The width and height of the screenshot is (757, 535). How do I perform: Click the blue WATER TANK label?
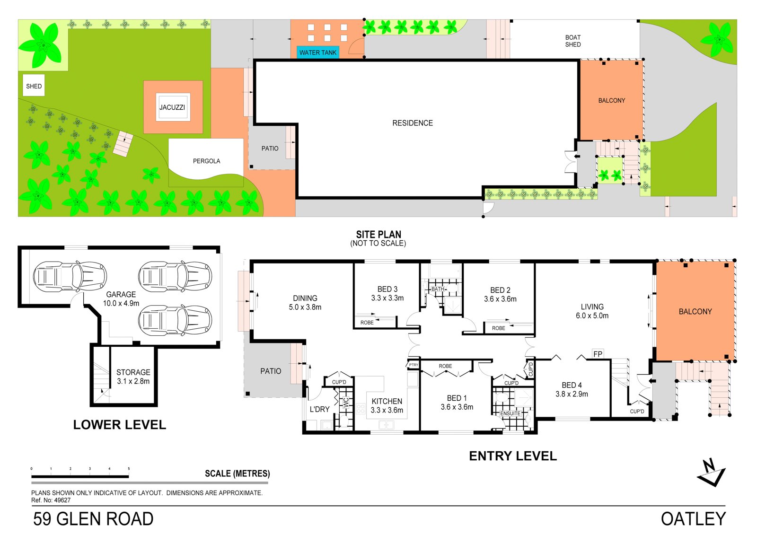pyautogui.click(x=317, y=53)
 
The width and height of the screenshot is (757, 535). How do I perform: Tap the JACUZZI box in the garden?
pyautogui.click(x=172, y=107)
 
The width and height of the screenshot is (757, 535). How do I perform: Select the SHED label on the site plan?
pyautogui.click(x=34, y=86)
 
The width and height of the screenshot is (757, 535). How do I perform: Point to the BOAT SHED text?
pyautogui.click(x=572, y=41)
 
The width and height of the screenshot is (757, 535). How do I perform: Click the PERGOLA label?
pyautogui.click(x=206, y=161)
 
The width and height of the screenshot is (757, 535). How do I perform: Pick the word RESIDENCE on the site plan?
pyautogui.click(x=412, y=123)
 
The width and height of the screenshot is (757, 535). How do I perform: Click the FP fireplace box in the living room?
pyautogui.click(x=598, y=354)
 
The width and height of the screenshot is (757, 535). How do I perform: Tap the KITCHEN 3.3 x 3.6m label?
pyautogui.click(x=387, y=405)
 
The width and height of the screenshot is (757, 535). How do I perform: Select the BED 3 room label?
pyautogui.click(x=387, y=293)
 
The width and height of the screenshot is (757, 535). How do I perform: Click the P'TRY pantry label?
pyautogui.click(x=414, y=365)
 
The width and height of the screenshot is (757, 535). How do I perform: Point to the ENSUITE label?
pyautogui.click(x=510, y=413)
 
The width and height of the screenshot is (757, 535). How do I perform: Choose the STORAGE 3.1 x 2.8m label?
pyautogui.click(x=133, y=377)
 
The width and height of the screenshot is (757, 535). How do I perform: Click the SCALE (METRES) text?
pyautogui.click(x=237, y=474)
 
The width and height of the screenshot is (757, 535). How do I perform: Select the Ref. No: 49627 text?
pyautogui.click(x=51, y=500)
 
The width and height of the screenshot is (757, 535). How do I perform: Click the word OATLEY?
pyautogui.click(x=693, y=519)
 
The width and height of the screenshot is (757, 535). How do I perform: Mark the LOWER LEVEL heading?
pyautogui.click(x=119, y=425)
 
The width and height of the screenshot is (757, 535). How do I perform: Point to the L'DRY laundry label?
pyautogui.click(x=319, y=409)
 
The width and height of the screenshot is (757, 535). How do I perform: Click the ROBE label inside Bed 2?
pyautogui.click(x=498, y=328)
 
